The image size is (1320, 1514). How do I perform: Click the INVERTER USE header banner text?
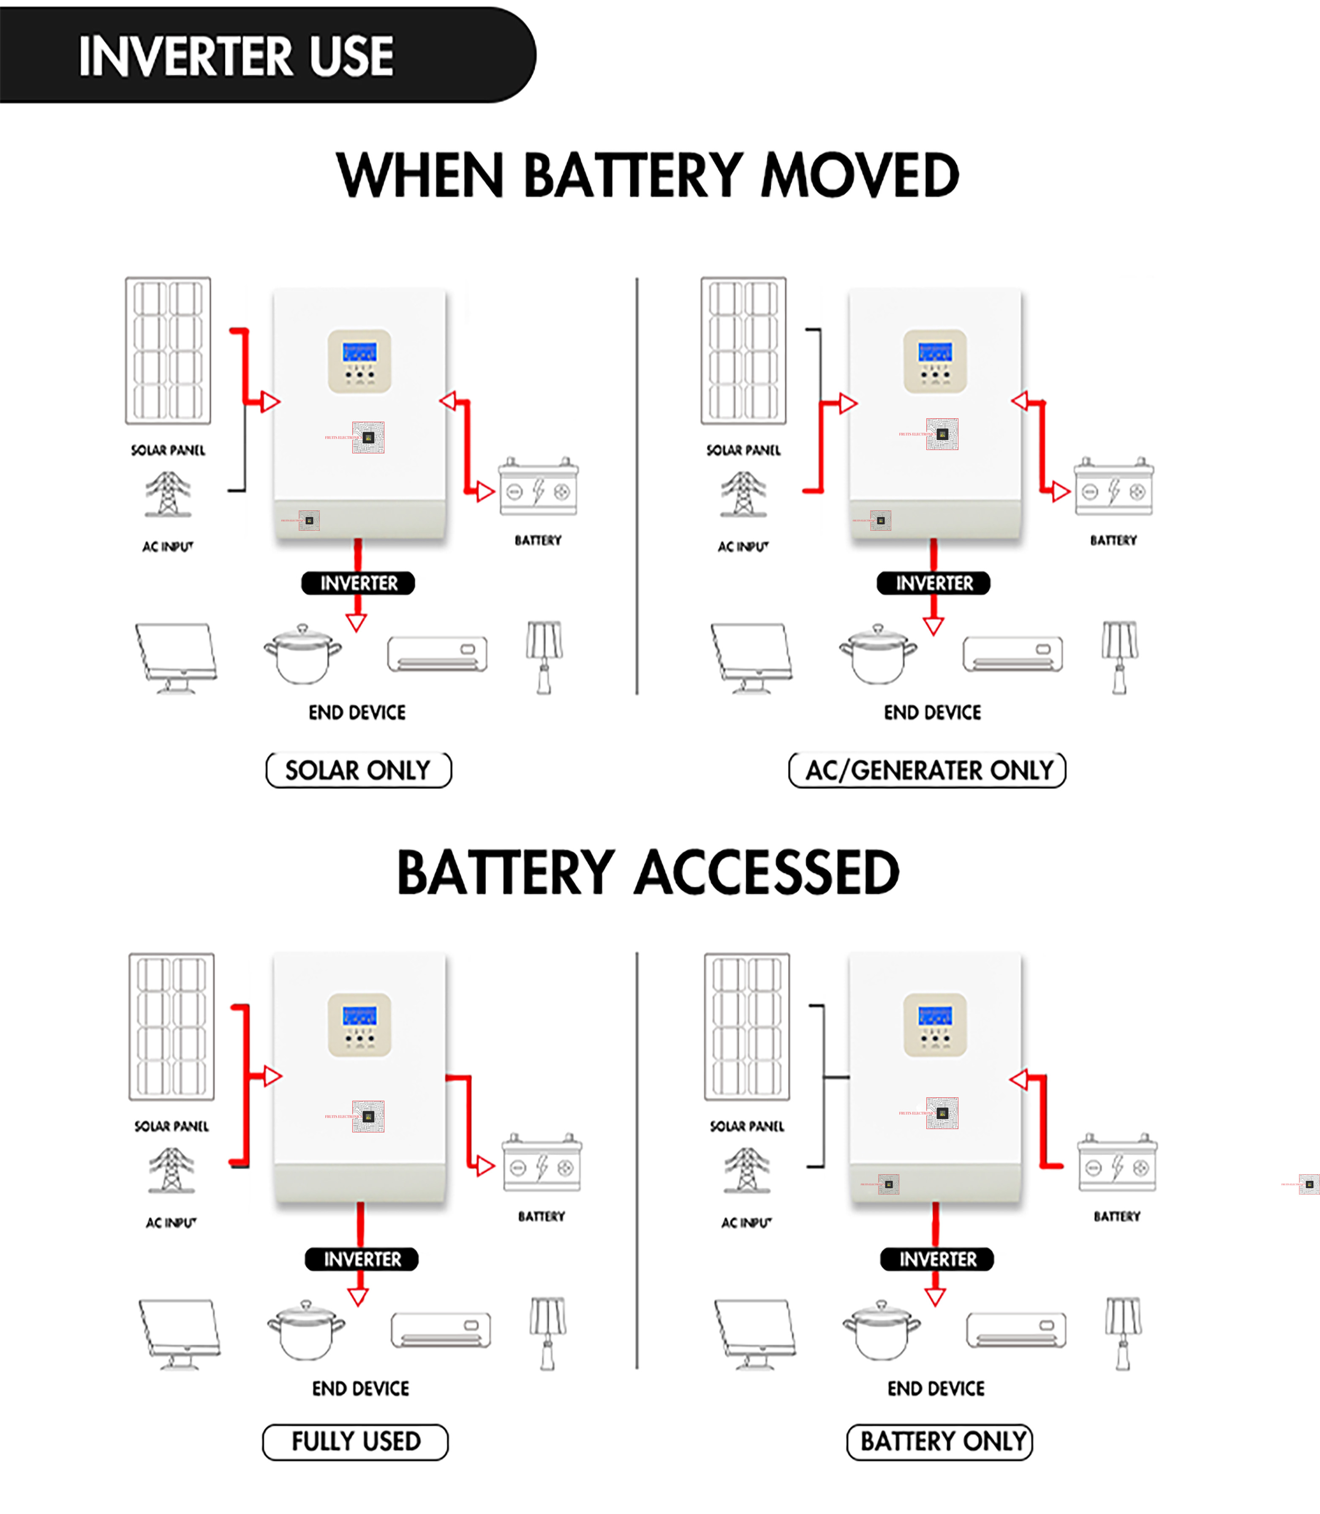click(x=236, y=56)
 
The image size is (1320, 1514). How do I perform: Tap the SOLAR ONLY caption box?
click(x=358, y=770)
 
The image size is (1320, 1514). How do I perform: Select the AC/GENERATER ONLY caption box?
click(x=928, y=770)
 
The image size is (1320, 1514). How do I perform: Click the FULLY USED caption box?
click(x=356, y=1441)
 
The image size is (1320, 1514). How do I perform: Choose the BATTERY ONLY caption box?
click(x=940, y=1441)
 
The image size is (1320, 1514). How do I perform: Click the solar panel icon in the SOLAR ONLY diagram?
click(x=168, y=351)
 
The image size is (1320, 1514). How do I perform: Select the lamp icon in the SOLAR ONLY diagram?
click(x=544, y=656)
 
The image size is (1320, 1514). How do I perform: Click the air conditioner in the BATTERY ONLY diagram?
click(x=1016, y=1330)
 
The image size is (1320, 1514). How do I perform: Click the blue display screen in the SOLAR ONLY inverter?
click(x=359, y=352)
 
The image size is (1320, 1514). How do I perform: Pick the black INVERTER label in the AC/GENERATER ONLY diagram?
click(x=933, y=583)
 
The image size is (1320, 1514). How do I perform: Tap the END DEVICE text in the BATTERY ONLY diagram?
click(x=936, y=1388)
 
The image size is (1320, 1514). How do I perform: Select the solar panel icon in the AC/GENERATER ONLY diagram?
click(x=743, y=351)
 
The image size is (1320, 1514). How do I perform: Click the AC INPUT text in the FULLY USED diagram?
click(x=171, y=1222)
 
